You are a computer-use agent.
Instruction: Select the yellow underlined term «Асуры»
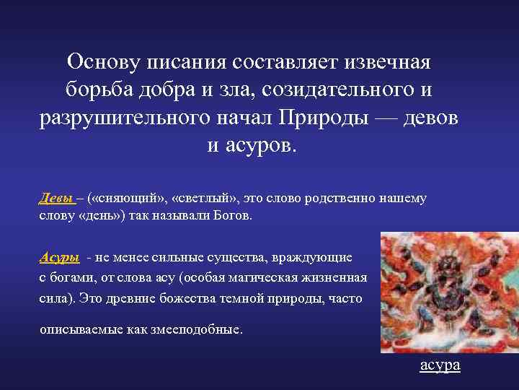pyautogui.click(x=58, y=258)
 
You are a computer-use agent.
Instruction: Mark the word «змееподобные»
pyautogui.click(x=200, y=329)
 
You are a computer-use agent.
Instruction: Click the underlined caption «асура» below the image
pyautogui.click(x=440, y=365)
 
